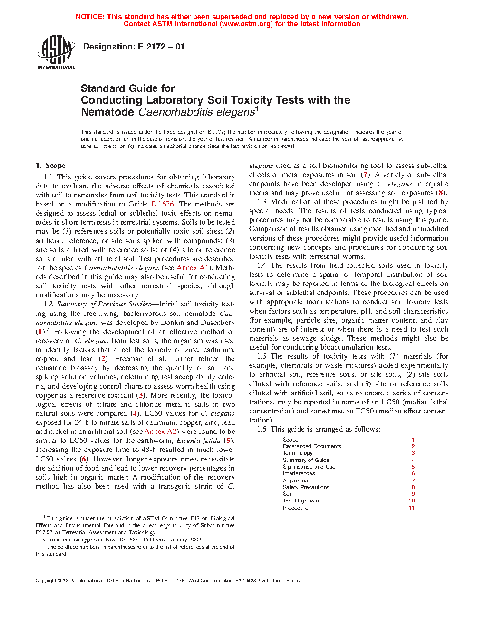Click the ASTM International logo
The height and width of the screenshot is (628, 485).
click(56, 52)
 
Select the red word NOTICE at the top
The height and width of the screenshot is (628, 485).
click(90, 17)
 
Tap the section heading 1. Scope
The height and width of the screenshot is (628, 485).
click(50, 166)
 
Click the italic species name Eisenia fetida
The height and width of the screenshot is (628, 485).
click(198, 441)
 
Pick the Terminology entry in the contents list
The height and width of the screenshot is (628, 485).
click(298, 453)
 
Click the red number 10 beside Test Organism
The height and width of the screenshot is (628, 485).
click(412, 500)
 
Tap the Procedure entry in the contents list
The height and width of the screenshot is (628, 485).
click(296, 508)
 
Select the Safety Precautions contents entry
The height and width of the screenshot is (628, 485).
click(306, 487)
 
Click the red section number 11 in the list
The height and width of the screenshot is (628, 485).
click(412, 508)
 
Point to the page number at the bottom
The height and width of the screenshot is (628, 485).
click(242, 604)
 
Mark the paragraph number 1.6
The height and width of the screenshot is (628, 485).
click(262, 429)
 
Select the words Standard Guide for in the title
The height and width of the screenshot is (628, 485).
click(127, 88)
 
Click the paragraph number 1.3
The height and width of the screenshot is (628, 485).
click(262, 202)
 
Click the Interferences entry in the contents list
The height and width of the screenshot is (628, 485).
click(299, 474)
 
